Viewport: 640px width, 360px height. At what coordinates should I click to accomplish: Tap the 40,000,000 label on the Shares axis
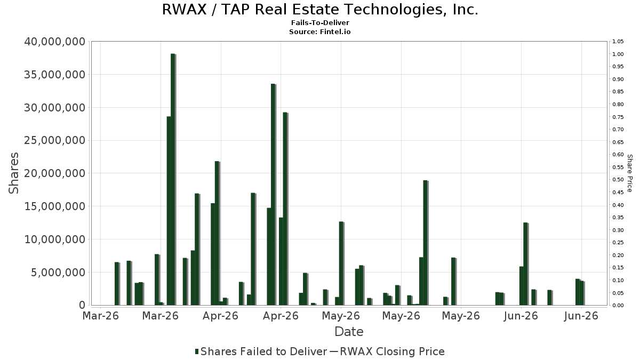[x=54, y=42]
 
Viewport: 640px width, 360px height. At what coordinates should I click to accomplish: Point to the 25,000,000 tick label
[x=54, y=140]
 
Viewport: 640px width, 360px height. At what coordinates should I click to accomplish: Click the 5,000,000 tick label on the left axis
[x=58, y=273]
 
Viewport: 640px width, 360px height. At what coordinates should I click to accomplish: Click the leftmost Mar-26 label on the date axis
[x=101, y=316]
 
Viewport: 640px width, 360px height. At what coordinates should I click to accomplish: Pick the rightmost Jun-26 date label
[x=581, y=316]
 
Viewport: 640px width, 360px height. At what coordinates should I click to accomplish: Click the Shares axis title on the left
[x=13, y=173]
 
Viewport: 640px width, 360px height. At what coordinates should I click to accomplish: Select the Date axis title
[x=349, y=332]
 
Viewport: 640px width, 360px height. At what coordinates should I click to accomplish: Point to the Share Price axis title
[x=629, y=173]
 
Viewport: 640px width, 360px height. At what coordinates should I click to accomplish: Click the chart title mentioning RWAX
[x=320, y=10]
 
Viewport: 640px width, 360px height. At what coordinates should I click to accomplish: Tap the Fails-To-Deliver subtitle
[x=320, y=23]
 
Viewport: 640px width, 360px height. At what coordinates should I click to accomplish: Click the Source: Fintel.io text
[x=320, y=31]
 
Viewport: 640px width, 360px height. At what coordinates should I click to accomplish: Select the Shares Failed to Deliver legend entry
[x=261, y=351]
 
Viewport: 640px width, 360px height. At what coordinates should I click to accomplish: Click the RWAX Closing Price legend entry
[x=387, y=351]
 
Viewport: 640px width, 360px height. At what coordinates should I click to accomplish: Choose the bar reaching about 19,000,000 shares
[x=425, y=243]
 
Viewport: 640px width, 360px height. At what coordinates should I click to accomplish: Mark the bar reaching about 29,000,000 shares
[x=285, y=209]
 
